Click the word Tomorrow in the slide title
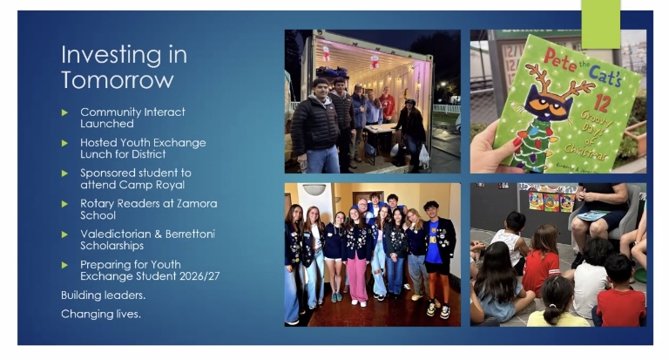pos(118,80)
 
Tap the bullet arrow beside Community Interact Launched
pos(64,112)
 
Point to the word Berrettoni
pos(190,234)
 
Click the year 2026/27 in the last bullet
pos(199,276)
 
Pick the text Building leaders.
pos(104,295)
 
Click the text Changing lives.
pos(101,314)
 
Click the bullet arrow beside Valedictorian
pos(64,234)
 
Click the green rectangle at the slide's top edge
pos(601,24)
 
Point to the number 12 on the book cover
pos(602,103)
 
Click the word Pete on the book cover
pos(559,60)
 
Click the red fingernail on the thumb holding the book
pos(517,141)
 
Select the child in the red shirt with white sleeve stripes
pos(541,262)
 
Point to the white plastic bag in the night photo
pos(423,155)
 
